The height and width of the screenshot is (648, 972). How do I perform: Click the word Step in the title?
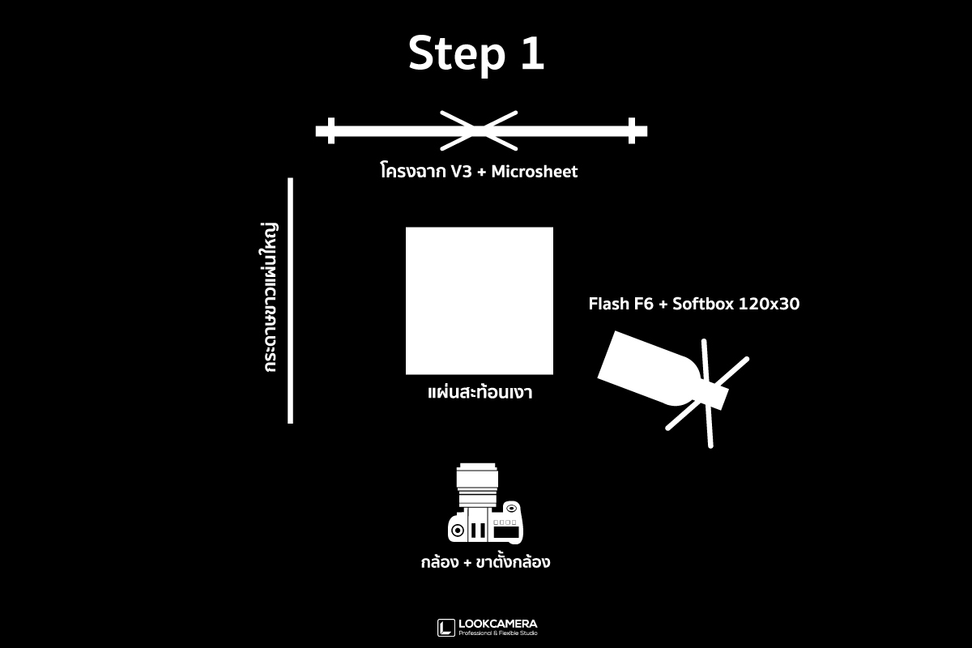click(x=457, y=54)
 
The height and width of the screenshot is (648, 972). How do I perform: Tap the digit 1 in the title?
click(x=532, y=53)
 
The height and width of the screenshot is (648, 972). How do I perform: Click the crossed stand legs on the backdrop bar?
click(x=479, y=130)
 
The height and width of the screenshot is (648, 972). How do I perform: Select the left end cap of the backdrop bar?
click(x=331, y=130)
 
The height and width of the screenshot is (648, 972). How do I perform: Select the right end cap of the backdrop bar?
click(x=632, y=130)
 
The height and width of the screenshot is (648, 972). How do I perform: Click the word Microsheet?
click(x=534, y=172)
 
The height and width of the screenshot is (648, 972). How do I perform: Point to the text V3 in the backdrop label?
click(x=461, y=172)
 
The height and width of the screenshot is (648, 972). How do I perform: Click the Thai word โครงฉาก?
click(x=413, y=171)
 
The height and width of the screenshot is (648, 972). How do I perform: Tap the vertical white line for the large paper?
click(x=290, y=301)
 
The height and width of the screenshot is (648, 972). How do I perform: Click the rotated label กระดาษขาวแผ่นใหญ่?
click(x=269, y=298)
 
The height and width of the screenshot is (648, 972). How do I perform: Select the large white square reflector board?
click(x=480, y=301)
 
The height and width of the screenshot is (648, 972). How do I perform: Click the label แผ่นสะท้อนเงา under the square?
click(x=480, y=392)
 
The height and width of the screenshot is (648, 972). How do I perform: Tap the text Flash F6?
click(x=621, y=304)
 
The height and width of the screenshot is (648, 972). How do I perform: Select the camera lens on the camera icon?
click(x=477, y=485)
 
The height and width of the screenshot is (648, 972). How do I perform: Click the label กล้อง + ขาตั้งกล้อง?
click(x=485, y=561)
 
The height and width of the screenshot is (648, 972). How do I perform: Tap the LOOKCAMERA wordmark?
click(x=498, y=624)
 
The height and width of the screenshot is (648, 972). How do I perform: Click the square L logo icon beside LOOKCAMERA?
click(x=446, y=628)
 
